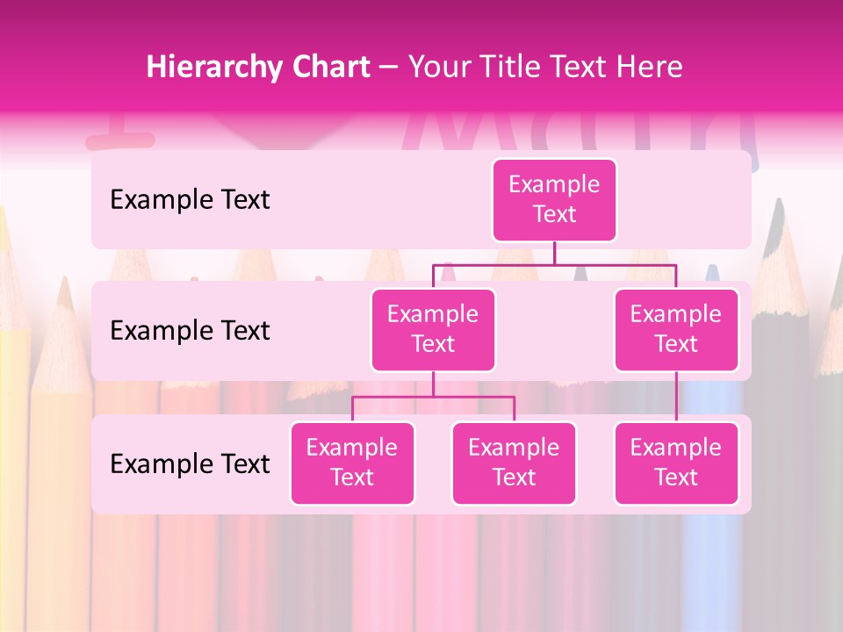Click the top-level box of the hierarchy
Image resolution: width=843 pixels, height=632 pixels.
tap(554, 199)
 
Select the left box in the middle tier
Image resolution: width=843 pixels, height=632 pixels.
tap(433, 329)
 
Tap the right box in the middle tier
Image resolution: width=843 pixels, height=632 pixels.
tap(676, 329)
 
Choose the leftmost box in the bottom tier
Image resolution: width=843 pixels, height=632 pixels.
tap(352, 463)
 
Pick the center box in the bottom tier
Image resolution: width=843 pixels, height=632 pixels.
tap(514, 463)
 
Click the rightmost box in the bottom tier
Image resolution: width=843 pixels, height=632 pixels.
tap(676, 463)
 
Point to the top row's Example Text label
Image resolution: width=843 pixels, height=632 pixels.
tap(190, 200)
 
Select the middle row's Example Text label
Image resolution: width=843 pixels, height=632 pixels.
tap(190, 331)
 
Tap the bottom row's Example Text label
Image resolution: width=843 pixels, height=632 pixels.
tap(190, 464)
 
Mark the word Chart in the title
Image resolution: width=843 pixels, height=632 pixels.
tap(332, 68)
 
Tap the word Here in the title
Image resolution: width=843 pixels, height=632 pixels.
tap(648, 68)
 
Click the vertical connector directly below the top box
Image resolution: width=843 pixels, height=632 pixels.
tap(554, 253)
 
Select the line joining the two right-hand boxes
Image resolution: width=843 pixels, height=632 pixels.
tap(676, 397)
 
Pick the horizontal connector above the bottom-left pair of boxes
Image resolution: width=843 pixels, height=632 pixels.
tap(433, 397)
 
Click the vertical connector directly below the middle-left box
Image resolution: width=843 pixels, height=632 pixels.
tap(433, 384)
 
